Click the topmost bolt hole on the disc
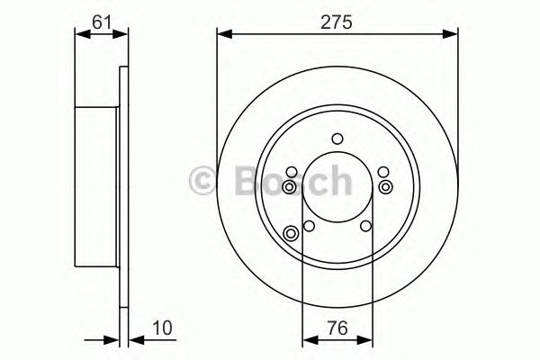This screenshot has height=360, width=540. tap(337, 138)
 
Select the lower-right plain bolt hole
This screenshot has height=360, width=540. tap(365, 227)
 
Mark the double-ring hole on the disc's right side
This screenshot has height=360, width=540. tap(385, 186)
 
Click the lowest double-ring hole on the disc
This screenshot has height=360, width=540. tap(291, 235)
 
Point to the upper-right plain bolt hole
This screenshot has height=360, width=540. tap(382, 173)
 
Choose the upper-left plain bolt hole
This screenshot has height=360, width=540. tap(292, 173)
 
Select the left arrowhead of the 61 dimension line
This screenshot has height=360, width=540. tap(79, 35)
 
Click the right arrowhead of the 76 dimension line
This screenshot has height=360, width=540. tap(366, 340)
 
